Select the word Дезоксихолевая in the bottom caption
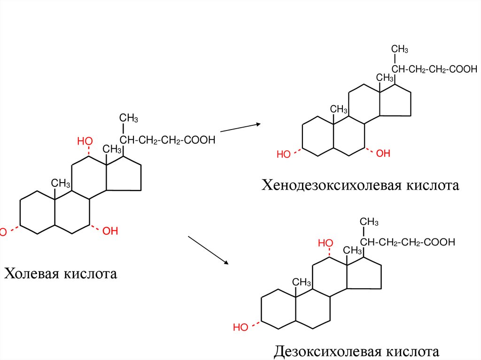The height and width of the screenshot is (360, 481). [327, 351]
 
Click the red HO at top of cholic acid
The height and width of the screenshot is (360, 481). [85, 141]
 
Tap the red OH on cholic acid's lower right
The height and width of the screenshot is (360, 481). [110, 230]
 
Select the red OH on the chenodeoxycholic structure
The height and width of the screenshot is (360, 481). [383, 153]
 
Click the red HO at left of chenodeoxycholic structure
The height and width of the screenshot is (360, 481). [284, 154]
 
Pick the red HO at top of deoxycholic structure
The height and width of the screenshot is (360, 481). [326, 243]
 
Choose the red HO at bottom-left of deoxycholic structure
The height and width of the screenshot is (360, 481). [240, 327]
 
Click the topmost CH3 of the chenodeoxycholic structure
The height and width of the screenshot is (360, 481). [400, 49]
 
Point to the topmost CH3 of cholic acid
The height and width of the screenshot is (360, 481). [128, 117]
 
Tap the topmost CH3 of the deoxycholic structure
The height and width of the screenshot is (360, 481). [369, 222]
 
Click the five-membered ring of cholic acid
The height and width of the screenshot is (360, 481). [124, 176]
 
